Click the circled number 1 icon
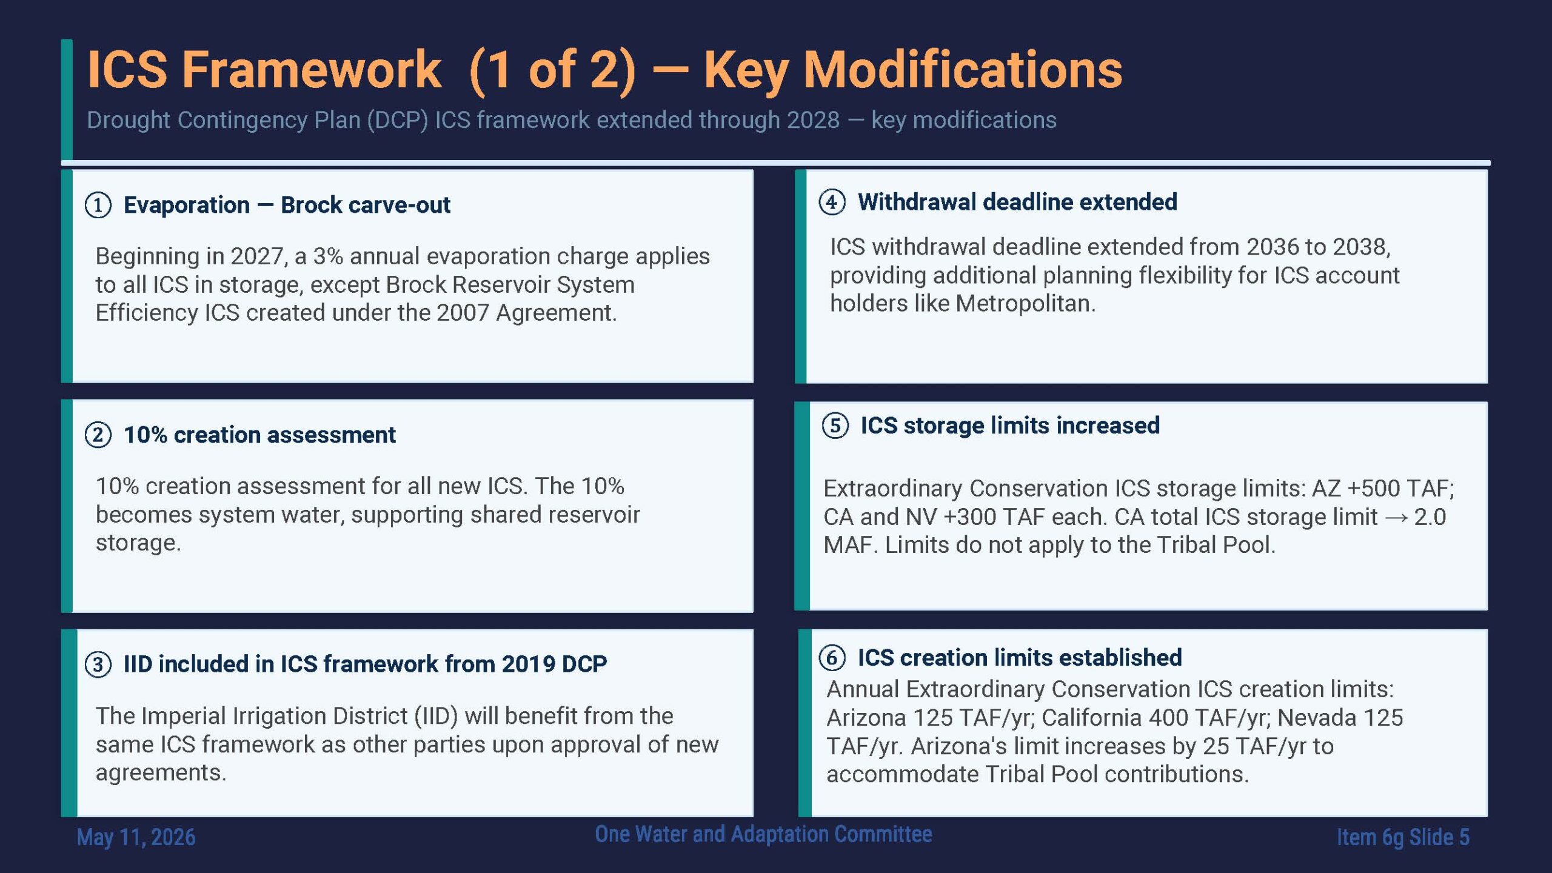click(98, 205)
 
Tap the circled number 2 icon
click(98, 435)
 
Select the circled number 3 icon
click(98, 664)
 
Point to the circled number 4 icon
click(832, 202)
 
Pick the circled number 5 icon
click(835, 426)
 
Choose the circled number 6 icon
click(832, 658)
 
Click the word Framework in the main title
click(312, 70)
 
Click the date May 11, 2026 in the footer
click(136, 837)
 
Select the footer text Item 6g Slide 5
click(1403, 837)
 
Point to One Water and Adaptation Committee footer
click(763, 834)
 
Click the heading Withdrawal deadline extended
click(1017, 202)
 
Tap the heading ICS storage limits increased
click(1010, 426)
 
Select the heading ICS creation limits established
click(1020, 658)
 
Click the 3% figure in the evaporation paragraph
click(328, 256)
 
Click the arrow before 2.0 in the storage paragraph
click(1396, 517)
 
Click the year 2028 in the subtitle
click(813, 120)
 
